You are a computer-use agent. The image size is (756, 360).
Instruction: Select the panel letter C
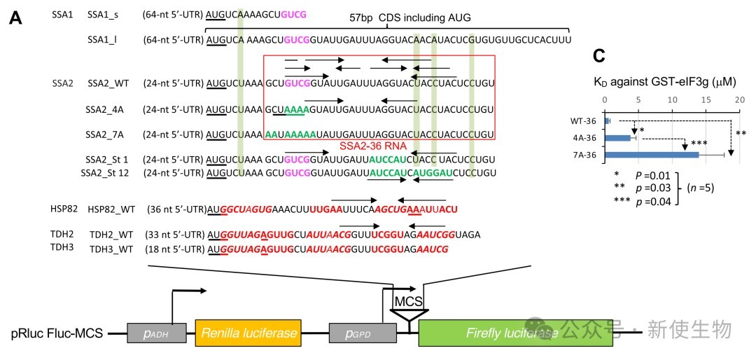[599, 57]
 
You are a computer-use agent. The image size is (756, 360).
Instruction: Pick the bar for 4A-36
[619, 137]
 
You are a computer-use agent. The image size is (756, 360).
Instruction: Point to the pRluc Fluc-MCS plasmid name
[57, 333]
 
